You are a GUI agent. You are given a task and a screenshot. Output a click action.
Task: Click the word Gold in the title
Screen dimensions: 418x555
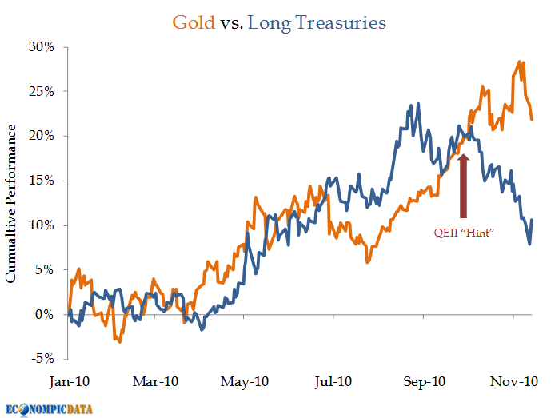pyautogui.click(x=193, y=22)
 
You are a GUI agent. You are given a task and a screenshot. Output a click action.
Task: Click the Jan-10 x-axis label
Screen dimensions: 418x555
pyautogui.click(x=69, y=381)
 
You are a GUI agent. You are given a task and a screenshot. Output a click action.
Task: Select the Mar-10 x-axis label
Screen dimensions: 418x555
pyautogui.click(x=157, y=381)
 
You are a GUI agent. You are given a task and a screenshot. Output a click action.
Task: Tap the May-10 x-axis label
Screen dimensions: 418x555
pyautogui.click(x=245, y=381)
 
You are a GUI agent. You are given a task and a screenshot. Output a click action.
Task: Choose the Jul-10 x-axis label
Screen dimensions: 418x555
pyautogui.click(x=333, y=381)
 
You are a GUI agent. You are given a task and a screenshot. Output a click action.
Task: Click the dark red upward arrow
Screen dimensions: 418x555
pyautogui.click(x=463, y=183)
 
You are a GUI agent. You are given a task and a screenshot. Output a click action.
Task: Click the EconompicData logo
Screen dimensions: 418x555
pyautogui.click(x=49, y=408)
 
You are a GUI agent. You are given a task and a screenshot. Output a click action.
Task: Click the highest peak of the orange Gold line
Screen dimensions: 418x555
pyautogui.click(x=520, y=61)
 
